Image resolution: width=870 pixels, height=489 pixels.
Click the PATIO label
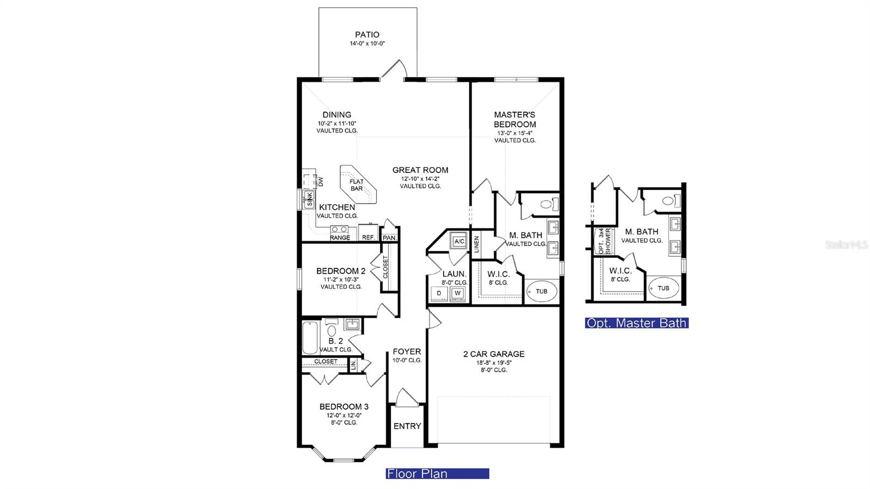pyautogui.click(x=367, y=35)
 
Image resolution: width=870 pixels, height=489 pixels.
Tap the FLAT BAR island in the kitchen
pyautogui.click(x=358, y=185)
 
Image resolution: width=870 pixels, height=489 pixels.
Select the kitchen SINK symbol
pyautogui.click(x=309, y=199)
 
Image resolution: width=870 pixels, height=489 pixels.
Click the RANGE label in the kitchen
pyautogui.click(x=340, y=237)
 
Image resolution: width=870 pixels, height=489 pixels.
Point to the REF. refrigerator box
pyautogui.click(x=368, y=233)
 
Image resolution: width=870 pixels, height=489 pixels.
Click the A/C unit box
pyautogui.click(x=459, y=241)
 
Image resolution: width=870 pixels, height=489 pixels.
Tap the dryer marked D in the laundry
pyautogui.click(x=439, y=293)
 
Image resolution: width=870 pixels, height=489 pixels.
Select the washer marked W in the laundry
pyautogui.click(x=457, y=293)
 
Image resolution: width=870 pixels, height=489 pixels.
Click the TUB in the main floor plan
pyautogui.click(x=542, y=291)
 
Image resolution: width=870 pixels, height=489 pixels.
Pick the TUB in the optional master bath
pyautogui.click(x=663, y=288)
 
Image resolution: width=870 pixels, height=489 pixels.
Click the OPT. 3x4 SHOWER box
pyautogui.click(x=603, y=241)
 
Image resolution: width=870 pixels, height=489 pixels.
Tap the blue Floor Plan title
pyautogui.click(x=437, y=473)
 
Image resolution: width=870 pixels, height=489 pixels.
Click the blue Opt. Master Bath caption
pyautogui.click(x=637, y=323)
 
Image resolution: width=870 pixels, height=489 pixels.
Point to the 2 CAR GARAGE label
pyautogui.click(x=494, y=354)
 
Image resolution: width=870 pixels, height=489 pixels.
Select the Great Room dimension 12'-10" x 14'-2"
pyautogui.click(x=420, y=178)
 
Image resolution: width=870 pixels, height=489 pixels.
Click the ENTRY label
pyautogui.click(x=407, y=426)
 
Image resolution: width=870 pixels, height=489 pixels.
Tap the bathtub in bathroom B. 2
pyautogui.click(x=310, y=338)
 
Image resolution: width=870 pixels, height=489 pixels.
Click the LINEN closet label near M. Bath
pyautogui.click(x=476, y=244)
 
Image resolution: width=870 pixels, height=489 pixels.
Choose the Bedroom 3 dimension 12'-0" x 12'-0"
pyautogui.click(x=344, y=415)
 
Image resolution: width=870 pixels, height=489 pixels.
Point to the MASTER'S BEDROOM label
pyautogui.click(x=514, y=119)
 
